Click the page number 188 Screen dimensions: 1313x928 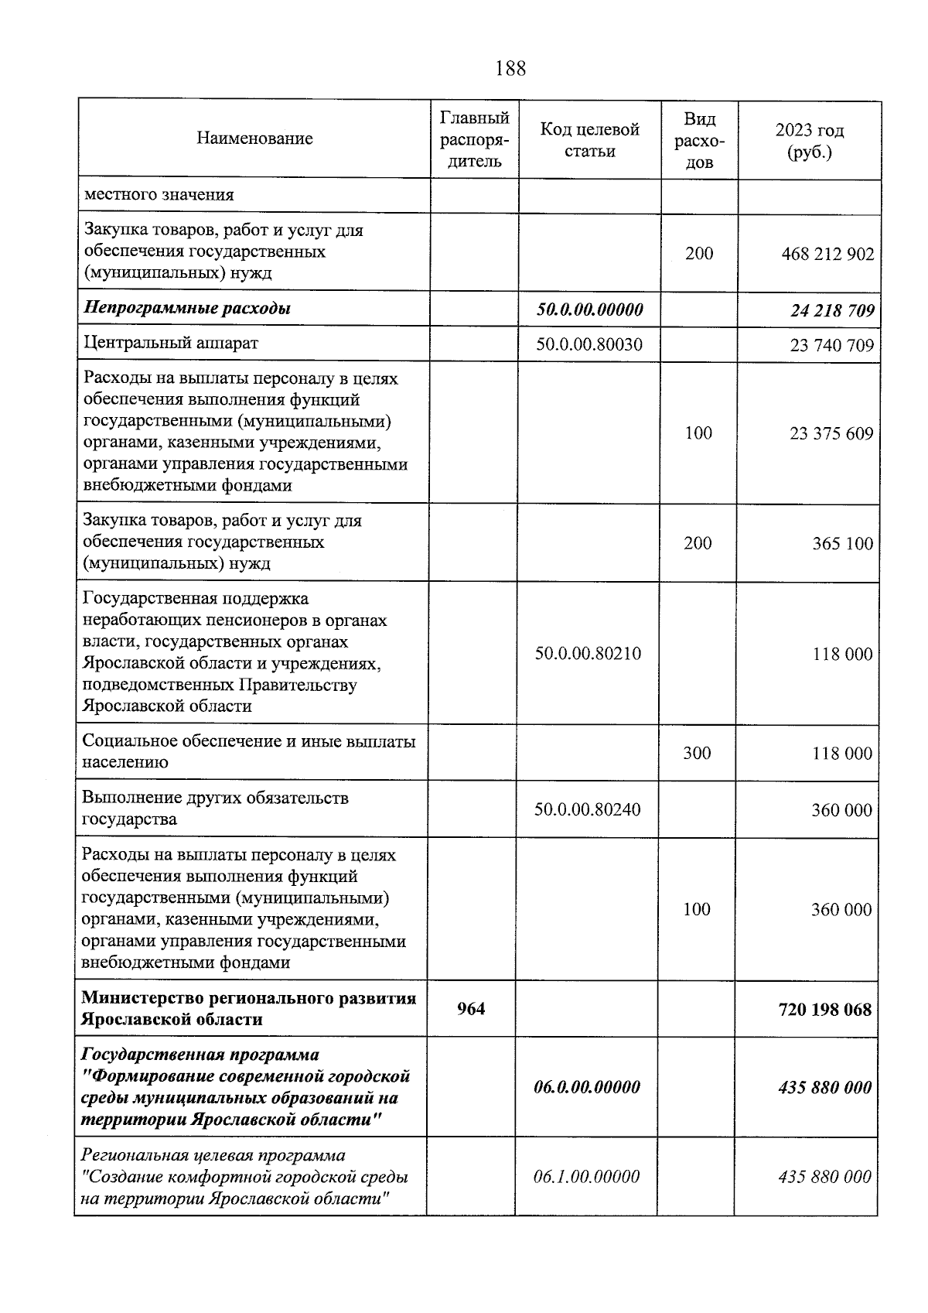point(510,69)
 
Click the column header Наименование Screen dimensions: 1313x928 point(254,139)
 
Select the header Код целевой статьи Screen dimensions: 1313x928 point(589,140)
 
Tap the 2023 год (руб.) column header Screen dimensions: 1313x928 point(809,141)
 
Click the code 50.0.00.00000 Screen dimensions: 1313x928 point(589,310)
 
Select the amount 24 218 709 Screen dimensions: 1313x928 point(832,311)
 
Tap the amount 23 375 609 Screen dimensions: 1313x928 point(831,434)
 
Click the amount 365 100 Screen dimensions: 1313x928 point(842,544)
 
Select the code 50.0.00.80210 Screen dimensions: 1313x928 point(588,655)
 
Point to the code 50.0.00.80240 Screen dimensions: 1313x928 point(588,810)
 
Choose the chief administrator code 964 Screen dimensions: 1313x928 point(471,1009)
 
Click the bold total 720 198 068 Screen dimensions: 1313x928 point(824,1010)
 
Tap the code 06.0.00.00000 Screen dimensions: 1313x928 point(587,1088)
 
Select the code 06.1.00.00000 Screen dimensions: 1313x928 point(587,1177)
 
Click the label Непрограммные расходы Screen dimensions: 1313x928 point(187,309)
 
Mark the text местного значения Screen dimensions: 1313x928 point(159,195)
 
